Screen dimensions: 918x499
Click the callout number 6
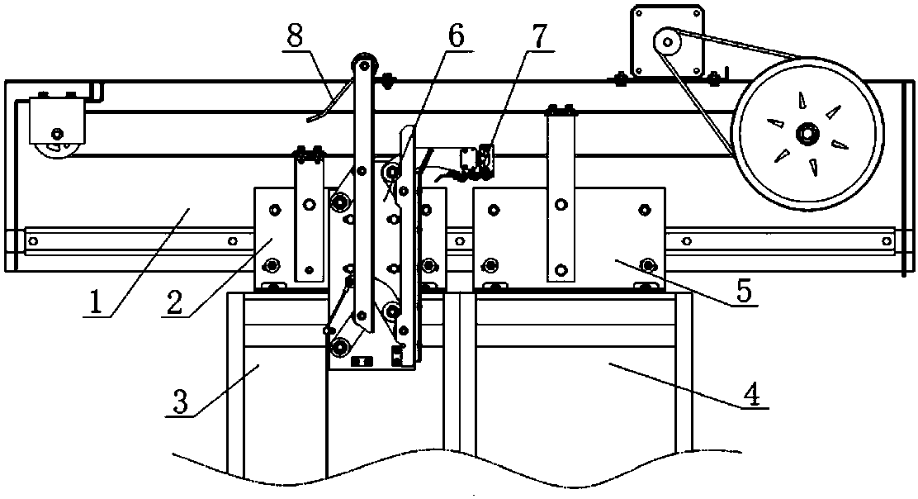coord(455,36)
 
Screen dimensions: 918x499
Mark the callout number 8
coord(295,36)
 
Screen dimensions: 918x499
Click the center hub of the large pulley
coord(807,135)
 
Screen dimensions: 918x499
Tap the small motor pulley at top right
coord(666,42)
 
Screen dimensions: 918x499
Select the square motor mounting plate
coord(667,41)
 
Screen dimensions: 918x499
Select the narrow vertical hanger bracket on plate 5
coord(561,194)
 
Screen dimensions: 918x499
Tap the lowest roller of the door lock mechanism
coord(338,348)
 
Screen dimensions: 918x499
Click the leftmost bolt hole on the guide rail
coord(34,240)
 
